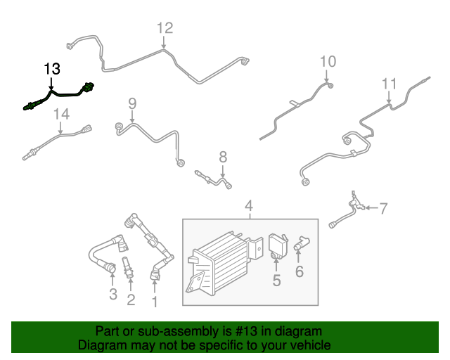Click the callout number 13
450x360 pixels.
[52, 69]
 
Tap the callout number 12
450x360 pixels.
[164, 28]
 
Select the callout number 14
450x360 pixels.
[61, 114]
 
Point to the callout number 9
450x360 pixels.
[131, 104]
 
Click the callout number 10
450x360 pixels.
[328, 62]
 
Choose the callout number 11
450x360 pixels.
[390, 84]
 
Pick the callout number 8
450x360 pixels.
[222, 156]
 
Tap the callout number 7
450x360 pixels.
[383, 207]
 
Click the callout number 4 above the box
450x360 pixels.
[248, 206]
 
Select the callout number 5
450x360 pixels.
[276, 281]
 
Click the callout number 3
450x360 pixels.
[112, 294]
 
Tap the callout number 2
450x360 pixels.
[131, 301]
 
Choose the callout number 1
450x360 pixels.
[155, 302]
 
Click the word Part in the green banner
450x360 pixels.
[106, 331]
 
